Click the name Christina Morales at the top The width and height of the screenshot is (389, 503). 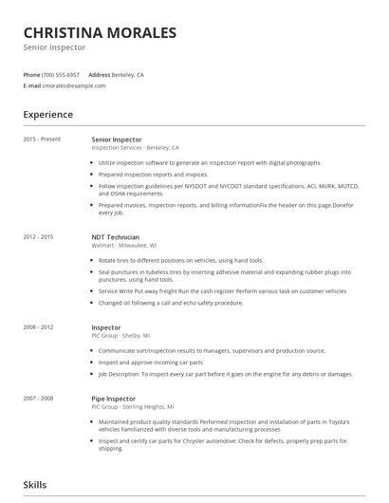coord(100,32)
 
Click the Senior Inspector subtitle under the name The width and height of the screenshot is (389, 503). coord(55,47)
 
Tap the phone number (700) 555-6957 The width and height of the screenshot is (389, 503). coord(62,74)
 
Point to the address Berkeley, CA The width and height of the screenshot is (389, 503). coord(128,74)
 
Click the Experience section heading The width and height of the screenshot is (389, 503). coord(48,115)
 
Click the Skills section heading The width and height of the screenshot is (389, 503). coord(35,485)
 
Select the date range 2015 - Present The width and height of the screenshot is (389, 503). coord(42,140)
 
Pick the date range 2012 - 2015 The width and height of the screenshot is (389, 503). coord(39,236)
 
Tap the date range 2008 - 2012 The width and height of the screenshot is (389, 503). coord(39,327)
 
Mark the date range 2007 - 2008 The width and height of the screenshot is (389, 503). coord(39,398)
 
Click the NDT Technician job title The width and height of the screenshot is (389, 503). coord(115,236)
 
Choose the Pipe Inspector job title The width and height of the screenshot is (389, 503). coord(113,398)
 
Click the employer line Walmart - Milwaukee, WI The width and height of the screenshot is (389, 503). coord(124,245)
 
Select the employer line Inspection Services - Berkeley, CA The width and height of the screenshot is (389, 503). coord(135,148)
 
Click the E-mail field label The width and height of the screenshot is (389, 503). coord(31,85)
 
